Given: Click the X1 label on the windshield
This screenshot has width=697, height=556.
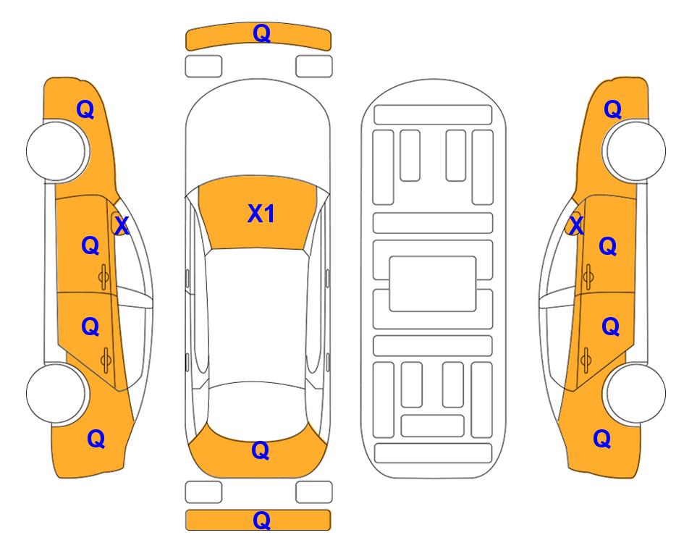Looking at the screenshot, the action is pyautogui.click(x=261, y=214).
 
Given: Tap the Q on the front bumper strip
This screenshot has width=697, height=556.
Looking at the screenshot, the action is pyautogui.click(x=261, y=33).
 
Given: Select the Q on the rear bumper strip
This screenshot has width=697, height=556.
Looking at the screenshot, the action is pyautogui.click(x=261, y=520).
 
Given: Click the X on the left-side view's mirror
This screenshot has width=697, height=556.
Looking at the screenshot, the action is pyautogui.click(x=122, y=225).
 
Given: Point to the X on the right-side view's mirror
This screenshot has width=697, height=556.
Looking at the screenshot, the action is pyautogui.click(x=576, y=225).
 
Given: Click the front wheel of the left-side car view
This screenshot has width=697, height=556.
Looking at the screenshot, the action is pyautogui.click(x=56, y=151).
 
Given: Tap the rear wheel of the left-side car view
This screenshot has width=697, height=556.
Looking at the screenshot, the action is pyautogui.click(x=56, y=393).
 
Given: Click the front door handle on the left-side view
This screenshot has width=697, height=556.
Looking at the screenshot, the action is pyautogui.click(x=104, y=277).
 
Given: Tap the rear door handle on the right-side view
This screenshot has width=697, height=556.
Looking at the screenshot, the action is pyautogui.click(x=586, y=361).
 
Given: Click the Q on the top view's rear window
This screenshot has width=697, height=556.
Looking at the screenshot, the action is pyautogui.click(x=261, y=450).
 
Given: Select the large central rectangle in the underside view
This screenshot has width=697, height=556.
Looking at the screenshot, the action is pyautogui.click(x=433, y=284).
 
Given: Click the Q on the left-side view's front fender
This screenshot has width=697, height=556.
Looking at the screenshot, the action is pyautogui.click(x=85, y=109).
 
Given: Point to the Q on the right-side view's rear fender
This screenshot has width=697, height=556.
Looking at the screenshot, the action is pyautogui.click(x=602, y=439).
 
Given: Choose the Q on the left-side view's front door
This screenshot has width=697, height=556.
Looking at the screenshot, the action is pyautogui.click(x=90, y=245).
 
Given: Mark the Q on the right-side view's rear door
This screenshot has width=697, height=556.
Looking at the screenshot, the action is pyautogui.click(x=610, y=327).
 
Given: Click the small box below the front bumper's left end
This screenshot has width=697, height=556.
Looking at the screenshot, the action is pyautogui.click(x=203, y=67).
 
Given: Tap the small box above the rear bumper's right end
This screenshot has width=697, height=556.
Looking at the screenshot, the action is pyautogui.click(x=314, y=492).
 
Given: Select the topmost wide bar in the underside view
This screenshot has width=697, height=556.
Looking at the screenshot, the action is pyautogui.click(x=433, y=115).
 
